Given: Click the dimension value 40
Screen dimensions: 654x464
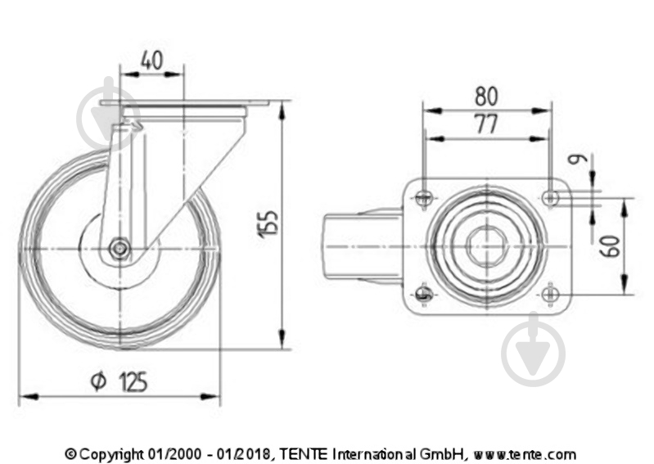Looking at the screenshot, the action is pos(151,60).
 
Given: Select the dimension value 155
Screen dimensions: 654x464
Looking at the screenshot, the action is pos(269,224).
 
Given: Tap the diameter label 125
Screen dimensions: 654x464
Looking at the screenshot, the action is pos(133,381).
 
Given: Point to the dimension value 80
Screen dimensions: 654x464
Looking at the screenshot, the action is pos(486,96).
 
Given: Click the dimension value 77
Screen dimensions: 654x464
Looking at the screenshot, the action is pos(486,124).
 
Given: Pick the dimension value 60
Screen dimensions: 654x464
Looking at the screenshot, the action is pos(610,246).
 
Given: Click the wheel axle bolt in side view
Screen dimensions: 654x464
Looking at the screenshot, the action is pos(120,250).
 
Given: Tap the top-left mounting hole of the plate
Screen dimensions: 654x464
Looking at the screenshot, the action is pos(424,197).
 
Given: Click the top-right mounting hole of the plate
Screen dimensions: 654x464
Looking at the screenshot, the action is pos(552,197).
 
